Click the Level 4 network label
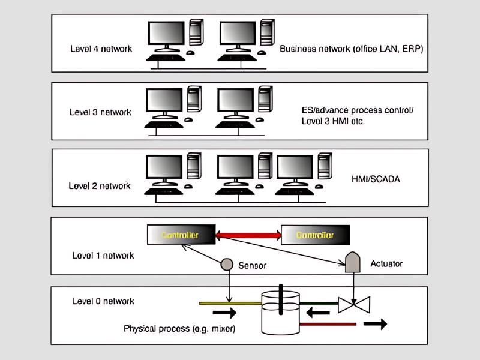[x=101, y=49]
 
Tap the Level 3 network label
[x=101, y=112]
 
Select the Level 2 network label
[x=100, y=185]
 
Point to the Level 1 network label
[x=103, y=256]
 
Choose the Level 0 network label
[x=103, y=301]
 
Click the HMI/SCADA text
[x=376, y=179]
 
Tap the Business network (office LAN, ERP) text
[x=352, y=49]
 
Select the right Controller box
[x=315, y=235]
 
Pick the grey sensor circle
[x=227, y=264]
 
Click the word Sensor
[x=252, y=265]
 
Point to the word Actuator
[x=387, y=263]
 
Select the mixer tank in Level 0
[x=280, y=312]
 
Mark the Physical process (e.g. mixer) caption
[x=180, y=329]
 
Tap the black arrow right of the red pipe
[x=374, y=324]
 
